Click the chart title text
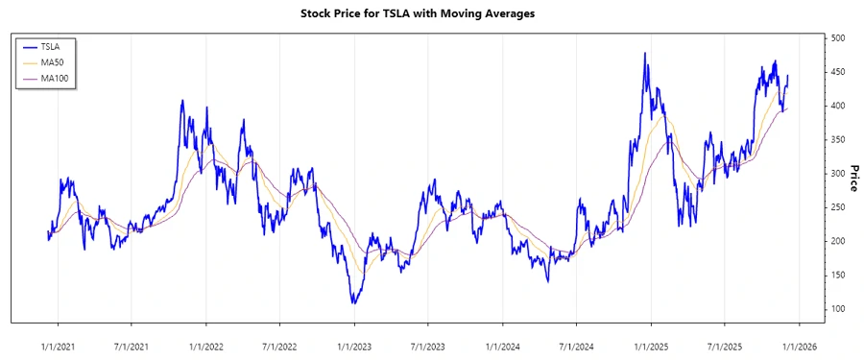(431, 14)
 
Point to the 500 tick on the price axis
(838, 38)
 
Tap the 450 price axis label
(838, 72)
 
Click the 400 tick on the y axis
(838, 106)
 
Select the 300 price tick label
(838, 174)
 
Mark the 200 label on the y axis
(838, 241)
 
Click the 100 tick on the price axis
(838, 309)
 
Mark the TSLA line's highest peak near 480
(645, 53)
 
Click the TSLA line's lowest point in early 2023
(353, 303)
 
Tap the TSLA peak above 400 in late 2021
(182, 100)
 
